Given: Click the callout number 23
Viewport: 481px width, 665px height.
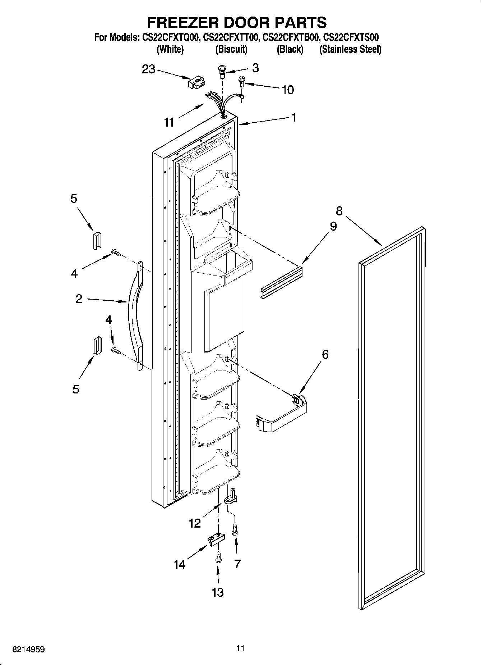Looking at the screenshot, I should (148, 69).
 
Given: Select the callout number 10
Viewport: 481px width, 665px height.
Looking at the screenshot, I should (287, 90).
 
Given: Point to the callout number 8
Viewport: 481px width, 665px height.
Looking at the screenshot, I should (339, 211).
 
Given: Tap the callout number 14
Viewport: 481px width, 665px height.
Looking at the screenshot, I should (180, 565).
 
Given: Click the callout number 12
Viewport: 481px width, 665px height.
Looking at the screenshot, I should (195, 523).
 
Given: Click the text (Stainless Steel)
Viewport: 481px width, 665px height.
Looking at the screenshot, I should (350, 50).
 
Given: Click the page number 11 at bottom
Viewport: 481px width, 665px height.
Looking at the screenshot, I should (240, 648).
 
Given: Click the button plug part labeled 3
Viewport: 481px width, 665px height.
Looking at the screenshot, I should (222, 71).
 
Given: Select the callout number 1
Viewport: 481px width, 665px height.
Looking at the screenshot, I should (293, 117).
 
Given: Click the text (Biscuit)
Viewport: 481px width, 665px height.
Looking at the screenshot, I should (231, 50).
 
